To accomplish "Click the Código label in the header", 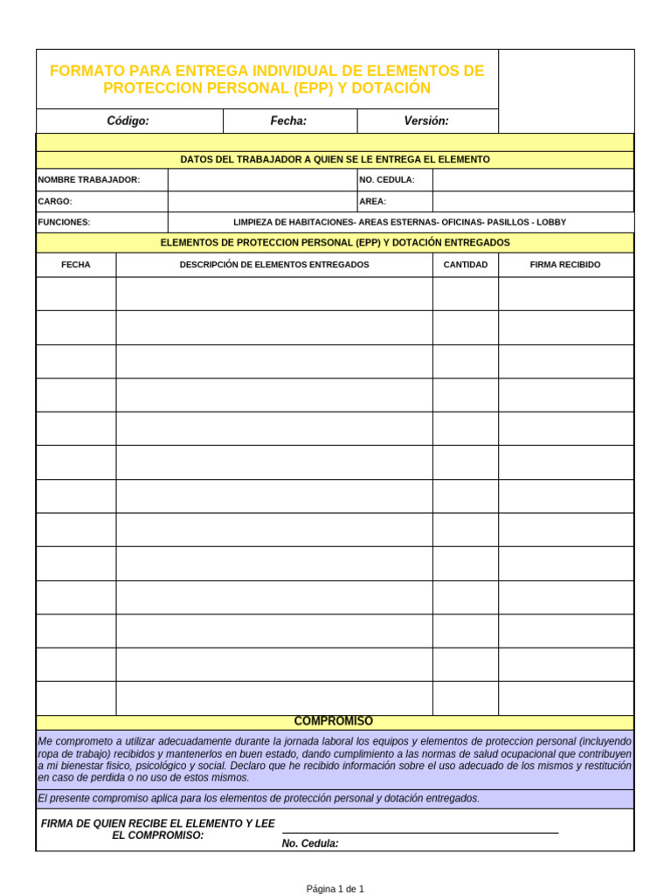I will (128, 121).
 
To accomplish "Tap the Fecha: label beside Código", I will (288, 121).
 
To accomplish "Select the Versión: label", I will (426, 121).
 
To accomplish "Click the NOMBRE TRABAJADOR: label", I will (88, 180).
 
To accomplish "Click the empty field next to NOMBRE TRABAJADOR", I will (262, 180).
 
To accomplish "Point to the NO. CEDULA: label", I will (387, 180).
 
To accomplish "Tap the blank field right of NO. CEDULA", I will (533, 180).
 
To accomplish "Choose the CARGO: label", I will (54, 201).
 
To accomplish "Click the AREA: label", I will (372, 201).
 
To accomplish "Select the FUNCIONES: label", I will (64, 222).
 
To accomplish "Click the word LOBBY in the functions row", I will (551, 222).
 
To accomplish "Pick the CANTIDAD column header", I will (466, 265).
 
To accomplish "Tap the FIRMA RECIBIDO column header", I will (565, 265).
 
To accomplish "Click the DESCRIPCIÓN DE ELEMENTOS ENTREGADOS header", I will (274, 265).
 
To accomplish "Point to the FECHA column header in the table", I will (76, 265).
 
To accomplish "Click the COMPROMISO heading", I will (334, 721).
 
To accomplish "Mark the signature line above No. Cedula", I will (419, 833).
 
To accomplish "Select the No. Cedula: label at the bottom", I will (310, 843).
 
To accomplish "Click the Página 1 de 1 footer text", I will (335, 889).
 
